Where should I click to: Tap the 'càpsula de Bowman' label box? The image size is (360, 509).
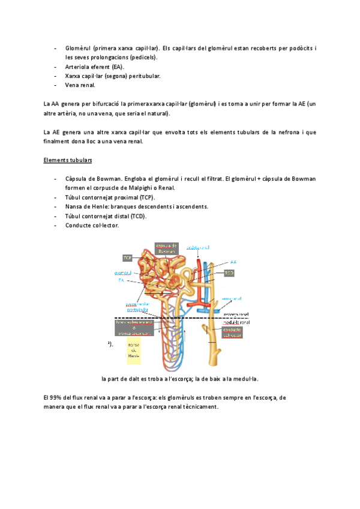166,248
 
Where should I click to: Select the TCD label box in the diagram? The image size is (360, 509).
229,273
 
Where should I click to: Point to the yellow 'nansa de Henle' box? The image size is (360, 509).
133,350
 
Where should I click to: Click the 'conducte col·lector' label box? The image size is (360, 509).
232,333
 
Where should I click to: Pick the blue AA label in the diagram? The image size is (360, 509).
233,262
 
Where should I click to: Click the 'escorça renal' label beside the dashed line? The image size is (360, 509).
235,313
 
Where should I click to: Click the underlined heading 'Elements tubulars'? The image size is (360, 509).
68,161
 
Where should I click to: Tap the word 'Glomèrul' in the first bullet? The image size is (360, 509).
78,47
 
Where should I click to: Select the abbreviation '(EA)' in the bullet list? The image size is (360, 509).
114,67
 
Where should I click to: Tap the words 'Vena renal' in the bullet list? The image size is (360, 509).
80,86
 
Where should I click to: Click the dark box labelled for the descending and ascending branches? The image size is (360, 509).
135,328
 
